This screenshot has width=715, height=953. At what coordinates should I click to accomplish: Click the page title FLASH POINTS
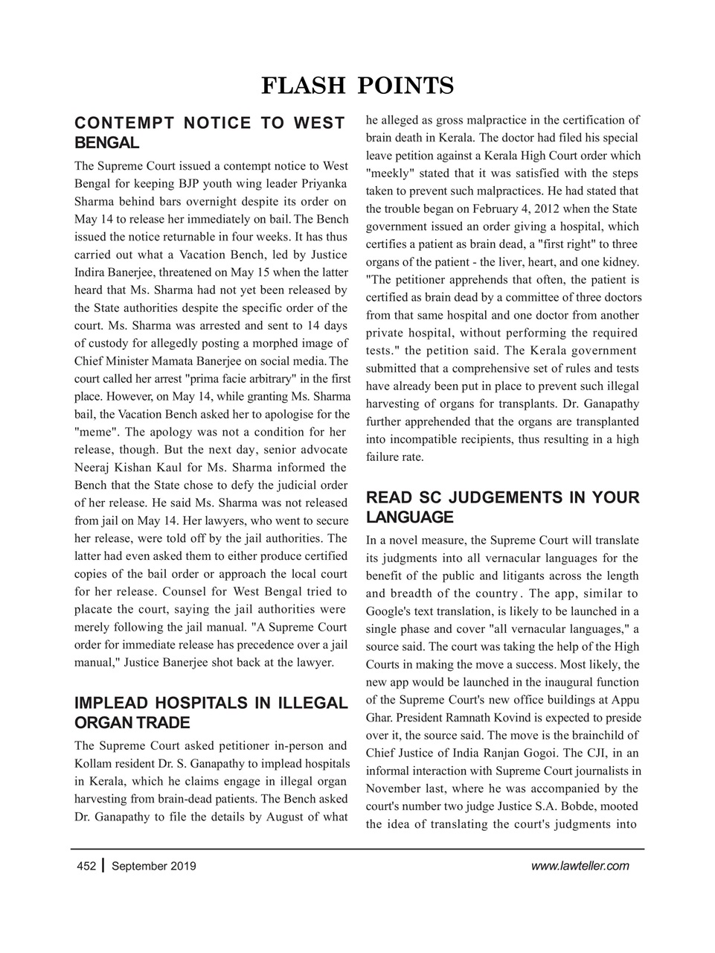[x=357, y=86]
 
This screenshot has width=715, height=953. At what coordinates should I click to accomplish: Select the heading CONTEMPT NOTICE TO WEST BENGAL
[x=209, y=133]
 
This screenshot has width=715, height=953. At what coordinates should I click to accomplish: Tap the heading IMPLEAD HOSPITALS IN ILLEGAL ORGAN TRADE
[x=211, y=713]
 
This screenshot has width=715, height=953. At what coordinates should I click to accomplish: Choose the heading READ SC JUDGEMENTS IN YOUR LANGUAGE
[x=502, y=507]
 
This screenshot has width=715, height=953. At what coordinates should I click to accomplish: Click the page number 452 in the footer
[x=86, y=866]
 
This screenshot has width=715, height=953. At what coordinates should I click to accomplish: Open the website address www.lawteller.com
[x=580, y=866]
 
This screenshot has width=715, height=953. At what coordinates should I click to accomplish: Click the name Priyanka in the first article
[x=323, y=183]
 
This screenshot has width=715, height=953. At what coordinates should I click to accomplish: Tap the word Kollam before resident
[x=94, y=764]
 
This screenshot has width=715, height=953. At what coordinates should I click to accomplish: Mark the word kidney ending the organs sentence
[x=620, y=262]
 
